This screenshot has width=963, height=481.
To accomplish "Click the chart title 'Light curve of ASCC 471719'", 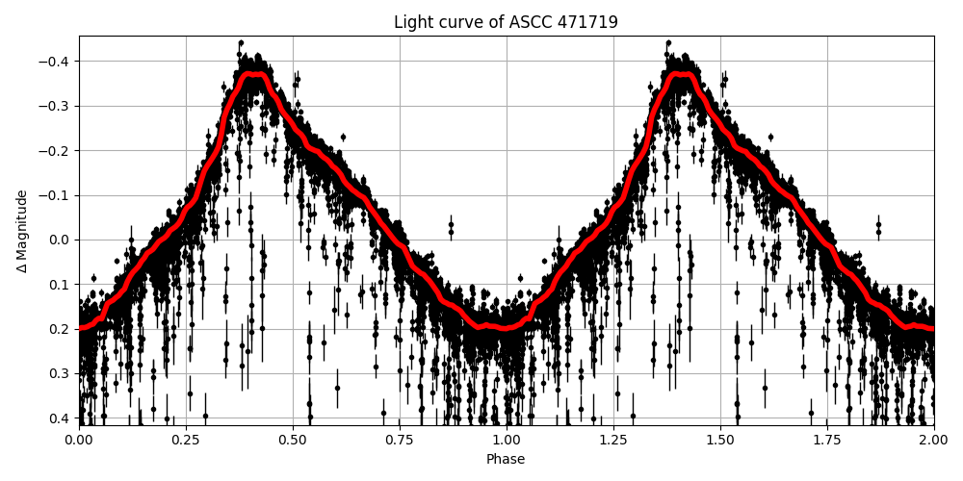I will (x=506, y=22).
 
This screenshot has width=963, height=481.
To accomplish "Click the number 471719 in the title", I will (x=586, y=22).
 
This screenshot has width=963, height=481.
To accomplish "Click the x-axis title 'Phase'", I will (x=506, y=460).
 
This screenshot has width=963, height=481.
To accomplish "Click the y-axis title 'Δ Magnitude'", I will (x=22, y=231).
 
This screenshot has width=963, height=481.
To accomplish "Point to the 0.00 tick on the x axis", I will (x=79, y=440).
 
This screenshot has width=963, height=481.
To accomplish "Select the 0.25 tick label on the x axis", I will (x=186, y=440).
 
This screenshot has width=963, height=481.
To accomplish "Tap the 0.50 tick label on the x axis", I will (x=293, y=440).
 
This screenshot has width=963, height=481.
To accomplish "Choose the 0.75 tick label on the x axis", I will (x=400, y=440).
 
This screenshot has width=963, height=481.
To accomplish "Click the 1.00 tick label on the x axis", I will (x=507, y=440).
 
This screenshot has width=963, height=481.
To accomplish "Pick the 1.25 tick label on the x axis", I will (x=613, y=440).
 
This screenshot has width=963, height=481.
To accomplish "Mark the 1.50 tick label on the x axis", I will (x=720, y=440).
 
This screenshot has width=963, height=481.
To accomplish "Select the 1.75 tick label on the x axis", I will (x=827, y=440).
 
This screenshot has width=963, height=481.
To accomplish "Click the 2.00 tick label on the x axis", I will (x=934, y=440).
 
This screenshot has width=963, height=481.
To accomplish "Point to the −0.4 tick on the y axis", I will (x=58, y=62).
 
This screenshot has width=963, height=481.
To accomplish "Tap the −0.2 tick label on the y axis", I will (x=58, y=151).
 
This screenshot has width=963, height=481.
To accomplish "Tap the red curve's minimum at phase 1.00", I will (x=507, y=327).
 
